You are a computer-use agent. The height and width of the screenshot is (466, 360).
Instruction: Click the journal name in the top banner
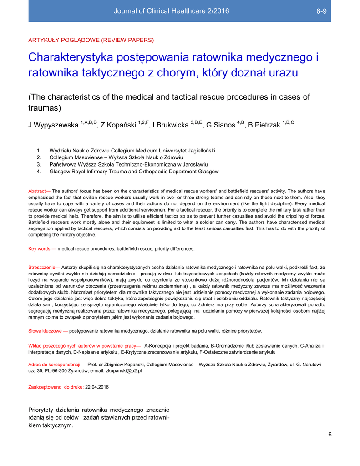pos(171,11)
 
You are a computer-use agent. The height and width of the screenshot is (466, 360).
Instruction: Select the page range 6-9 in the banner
pos(321,11)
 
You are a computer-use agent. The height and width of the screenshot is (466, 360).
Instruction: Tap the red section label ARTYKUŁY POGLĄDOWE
pos(91,40)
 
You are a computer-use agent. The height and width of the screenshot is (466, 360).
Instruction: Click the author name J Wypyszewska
pos(53,125)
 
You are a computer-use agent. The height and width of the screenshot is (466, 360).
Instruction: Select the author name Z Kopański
pos(118,125)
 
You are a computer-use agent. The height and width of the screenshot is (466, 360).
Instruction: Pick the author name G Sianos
pos(221,125)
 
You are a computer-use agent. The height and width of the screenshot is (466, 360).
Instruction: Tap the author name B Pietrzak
pos(264,125)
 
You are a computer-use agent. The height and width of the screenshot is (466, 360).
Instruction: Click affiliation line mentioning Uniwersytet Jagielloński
pos(132,150)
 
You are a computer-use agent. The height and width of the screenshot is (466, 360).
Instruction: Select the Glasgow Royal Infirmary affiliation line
pos(127,172)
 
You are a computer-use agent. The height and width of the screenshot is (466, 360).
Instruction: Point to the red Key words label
pos(42,249)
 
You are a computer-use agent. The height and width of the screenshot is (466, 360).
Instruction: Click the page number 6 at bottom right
pos(330,434)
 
